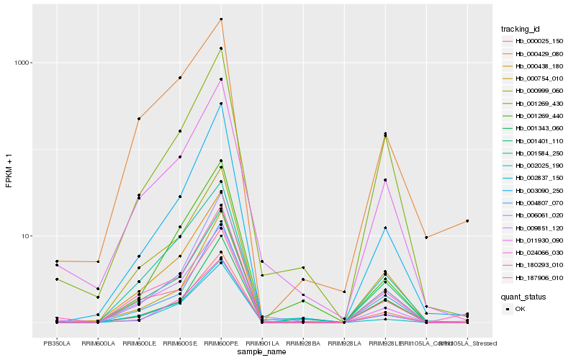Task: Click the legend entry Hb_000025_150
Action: [534, 41]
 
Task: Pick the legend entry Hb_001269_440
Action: [534, 115]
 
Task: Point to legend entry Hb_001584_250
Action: [534, 153]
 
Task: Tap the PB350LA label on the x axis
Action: [57, 343]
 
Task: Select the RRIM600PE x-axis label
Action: [221, 343]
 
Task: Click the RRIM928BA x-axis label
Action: [303, 343]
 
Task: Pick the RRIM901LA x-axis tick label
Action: [262, 343]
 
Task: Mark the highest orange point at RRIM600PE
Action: [221, 19]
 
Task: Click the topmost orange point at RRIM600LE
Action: [139, 119]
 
